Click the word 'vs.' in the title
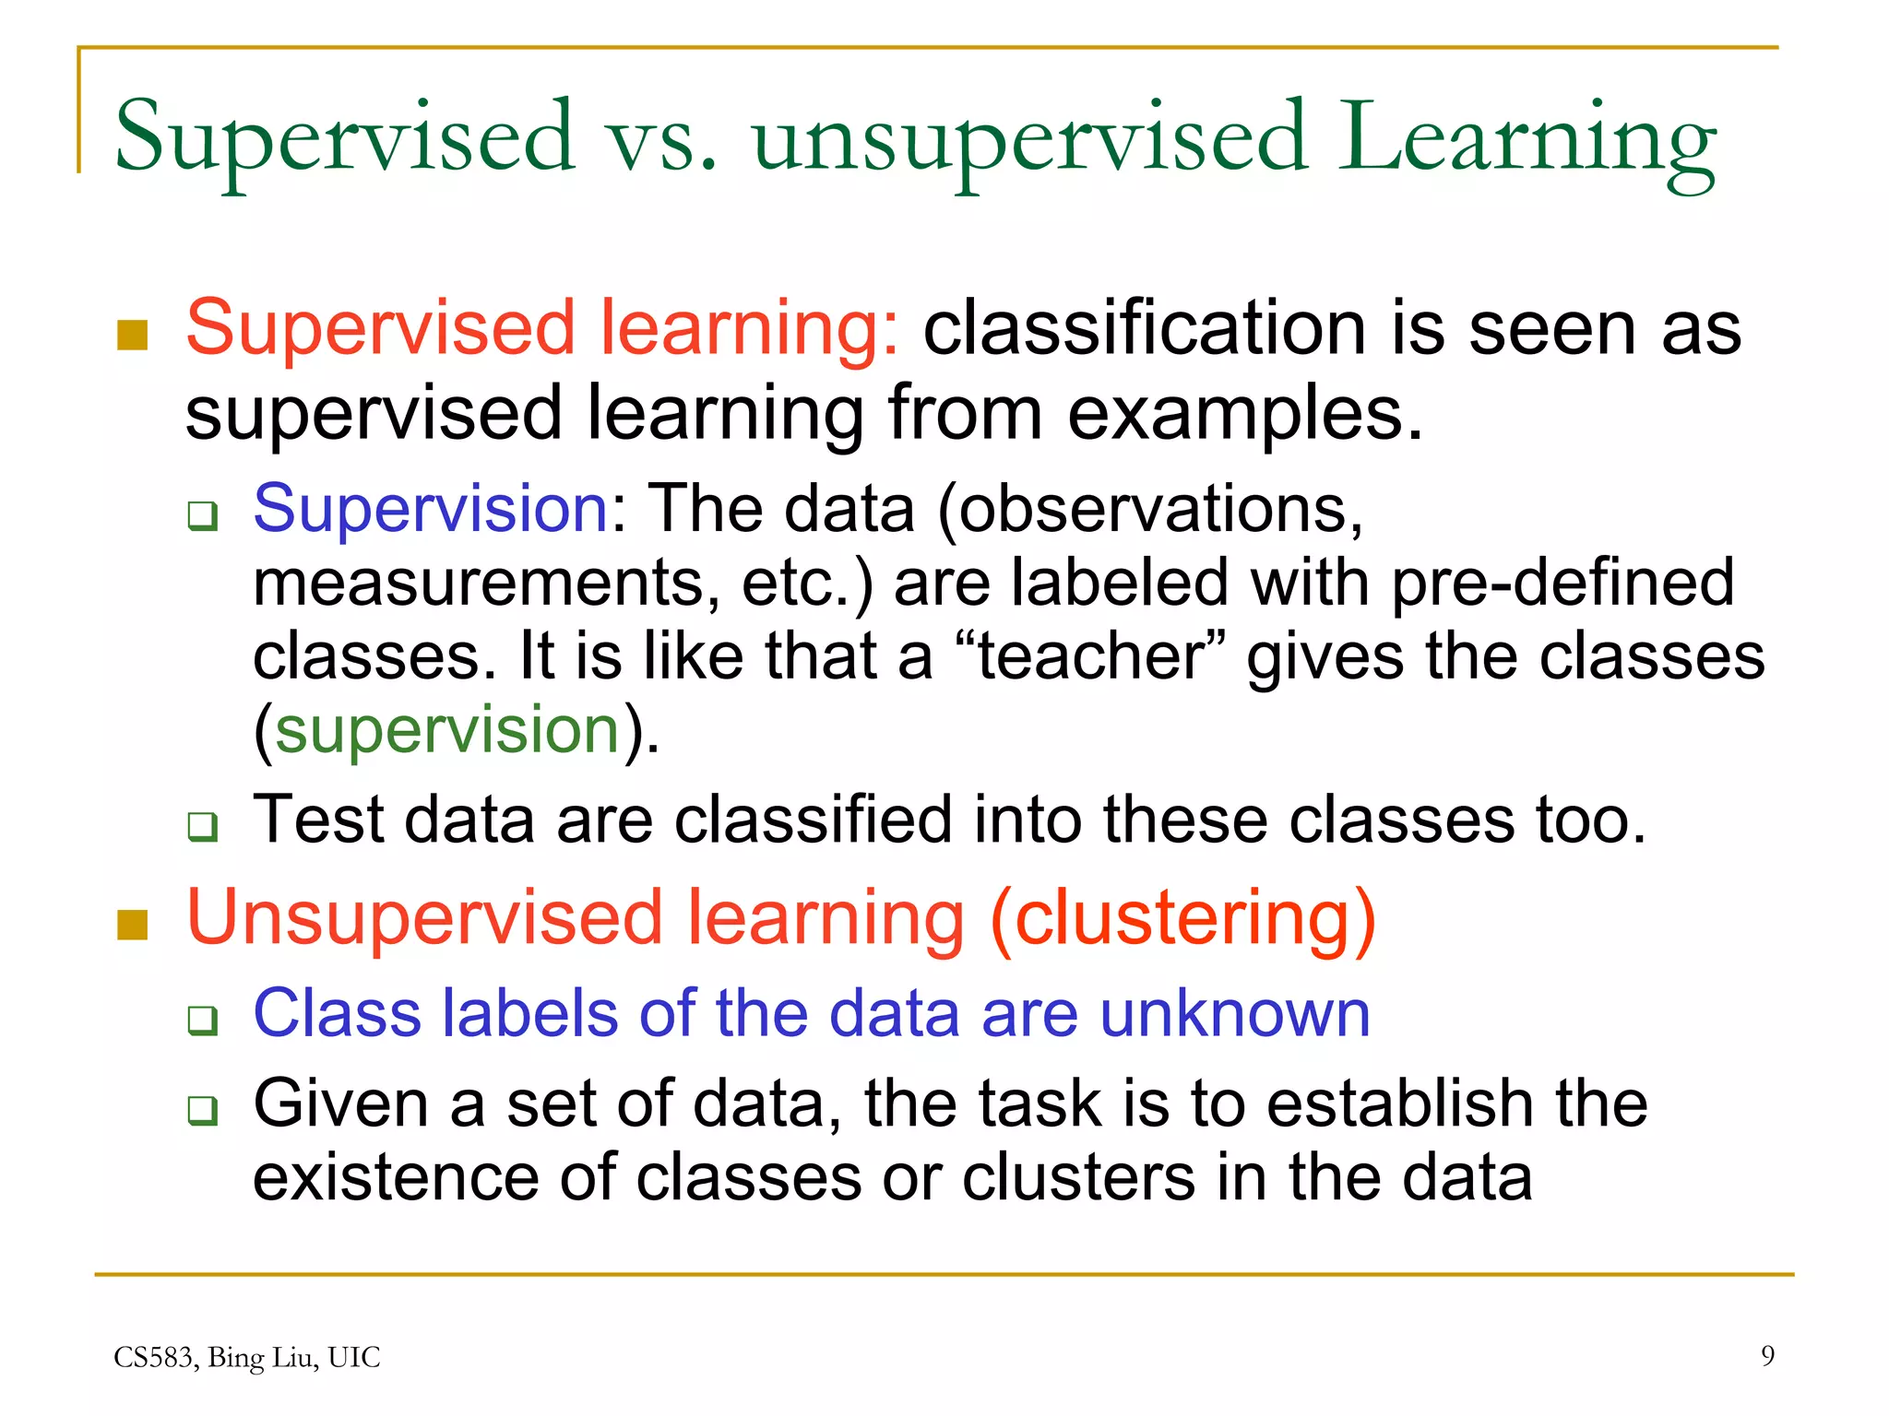click(661, 138)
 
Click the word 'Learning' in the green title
click(1527, 138)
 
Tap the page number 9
click(1767, 1355)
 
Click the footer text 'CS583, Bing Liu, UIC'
click(247, 1357)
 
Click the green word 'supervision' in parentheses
click(447, 730)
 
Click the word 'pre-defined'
click(1562, 583)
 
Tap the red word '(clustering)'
click(1182, 918)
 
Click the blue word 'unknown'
click(1235, 1013)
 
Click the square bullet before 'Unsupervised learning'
click(134, 925)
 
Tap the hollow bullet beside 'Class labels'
click(202, 1021)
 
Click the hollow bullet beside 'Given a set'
click(202, 1110)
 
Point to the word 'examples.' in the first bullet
click(1245, 413)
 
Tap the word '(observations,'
click(1149, 510)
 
